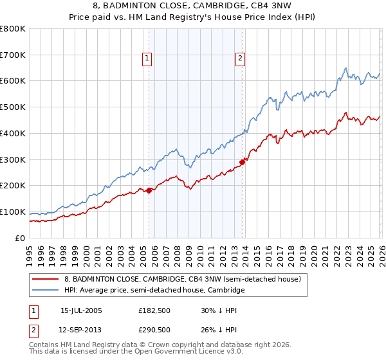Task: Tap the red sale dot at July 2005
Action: [149, 190]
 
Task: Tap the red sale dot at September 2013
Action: [242, 161]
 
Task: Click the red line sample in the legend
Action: [46, 279]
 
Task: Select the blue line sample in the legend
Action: [46, 291]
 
